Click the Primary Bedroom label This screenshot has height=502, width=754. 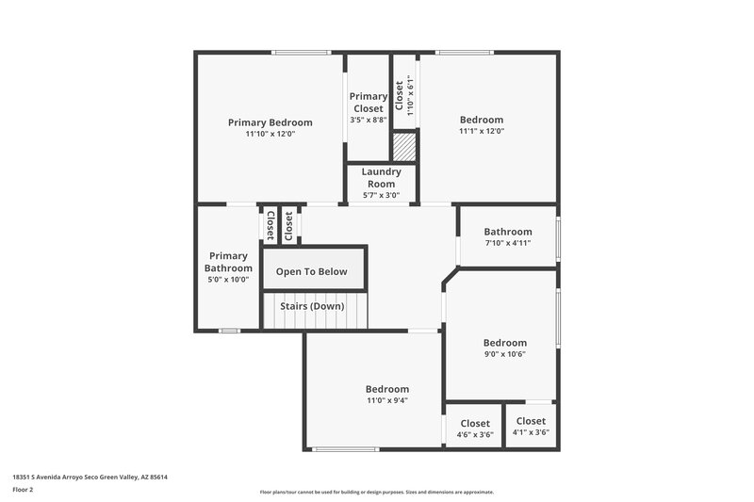coord(270,122)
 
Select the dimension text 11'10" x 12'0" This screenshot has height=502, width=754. coord(270,134)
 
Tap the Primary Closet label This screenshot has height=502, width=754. coord(368,102)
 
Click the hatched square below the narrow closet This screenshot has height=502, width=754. coord(403,147)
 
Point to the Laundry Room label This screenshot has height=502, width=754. coord(381,177)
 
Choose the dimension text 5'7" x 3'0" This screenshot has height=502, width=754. coord(381,196)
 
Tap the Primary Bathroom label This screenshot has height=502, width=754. coord(228,262)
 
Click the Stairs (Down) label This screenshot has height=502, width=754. coord(312,306)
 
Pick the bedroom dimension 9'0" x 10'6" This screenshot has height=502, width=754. coord(505,354)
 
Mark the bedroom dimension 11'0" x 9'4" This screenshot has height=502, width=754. coord(387,400)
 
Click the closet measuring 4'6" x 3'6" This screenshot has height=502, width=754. coord(474,429)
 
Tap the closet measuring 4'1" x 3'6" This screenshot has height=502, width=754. coord(531,427)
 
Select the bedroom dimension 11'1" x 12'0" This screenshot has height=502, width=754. coord(482,132)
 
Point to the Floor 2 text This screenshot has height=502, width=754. coord(24,490)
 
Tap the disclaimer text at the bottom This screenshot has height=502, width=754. coord(376,492)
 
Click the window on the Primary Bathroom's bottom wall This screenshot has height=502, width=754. coord(228,331)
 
